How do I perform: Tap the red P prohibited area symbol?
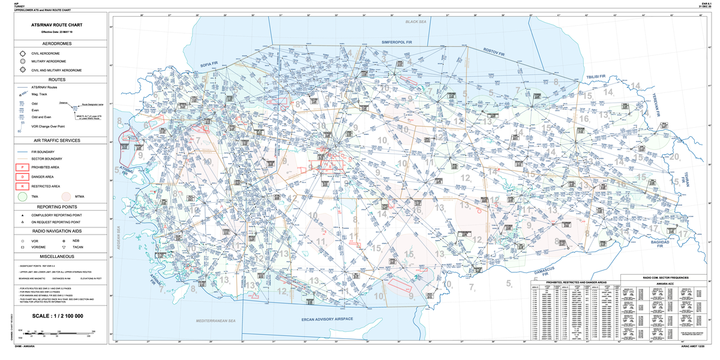(x=23, y=167)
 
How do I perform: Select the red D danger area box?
(x=23, y=177)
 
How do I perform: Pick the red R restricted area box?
(x=23, y=187)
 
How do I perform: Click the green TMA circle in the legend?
(x=23, y=197)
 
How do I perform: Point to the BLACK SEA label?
(x=415, y=22)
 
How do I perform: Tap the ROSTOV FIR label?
(x=496, y=50)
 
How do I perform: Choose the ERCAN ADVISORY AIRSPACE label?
(x=326, y=319)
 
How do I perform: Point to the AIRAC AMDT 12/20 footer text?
(x=696, y=347)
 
